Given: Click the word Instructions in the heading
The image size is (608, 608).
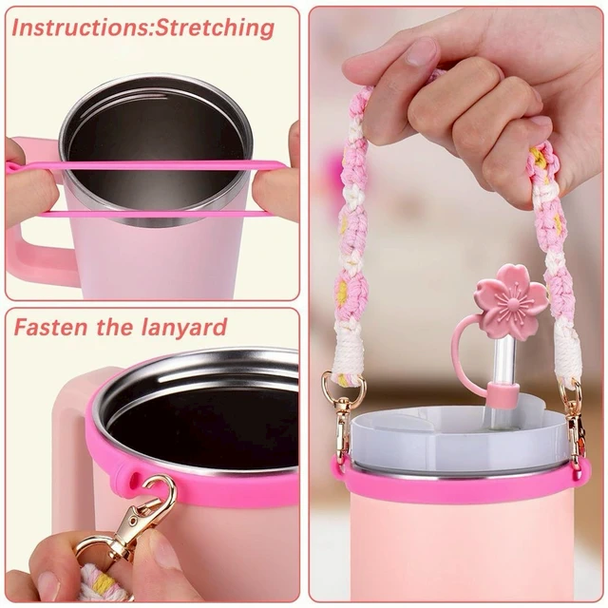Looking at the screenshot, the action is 81,28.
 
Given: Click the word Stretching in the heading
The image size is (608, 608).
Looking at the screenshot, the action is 215,28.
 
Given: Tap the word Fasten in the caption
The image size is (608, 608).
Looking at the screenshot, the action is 50,328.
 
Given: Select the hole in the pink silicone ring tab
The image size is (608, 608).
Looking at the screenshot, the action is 136,478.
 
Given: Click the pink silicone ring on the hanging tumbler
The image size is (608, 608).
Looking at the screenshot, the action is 463,483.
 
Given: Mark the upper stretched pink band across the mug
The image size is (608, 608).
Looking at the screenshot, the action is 147,166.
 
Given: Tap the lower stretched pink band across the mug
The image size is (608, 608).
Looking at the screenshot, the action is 155,213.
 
